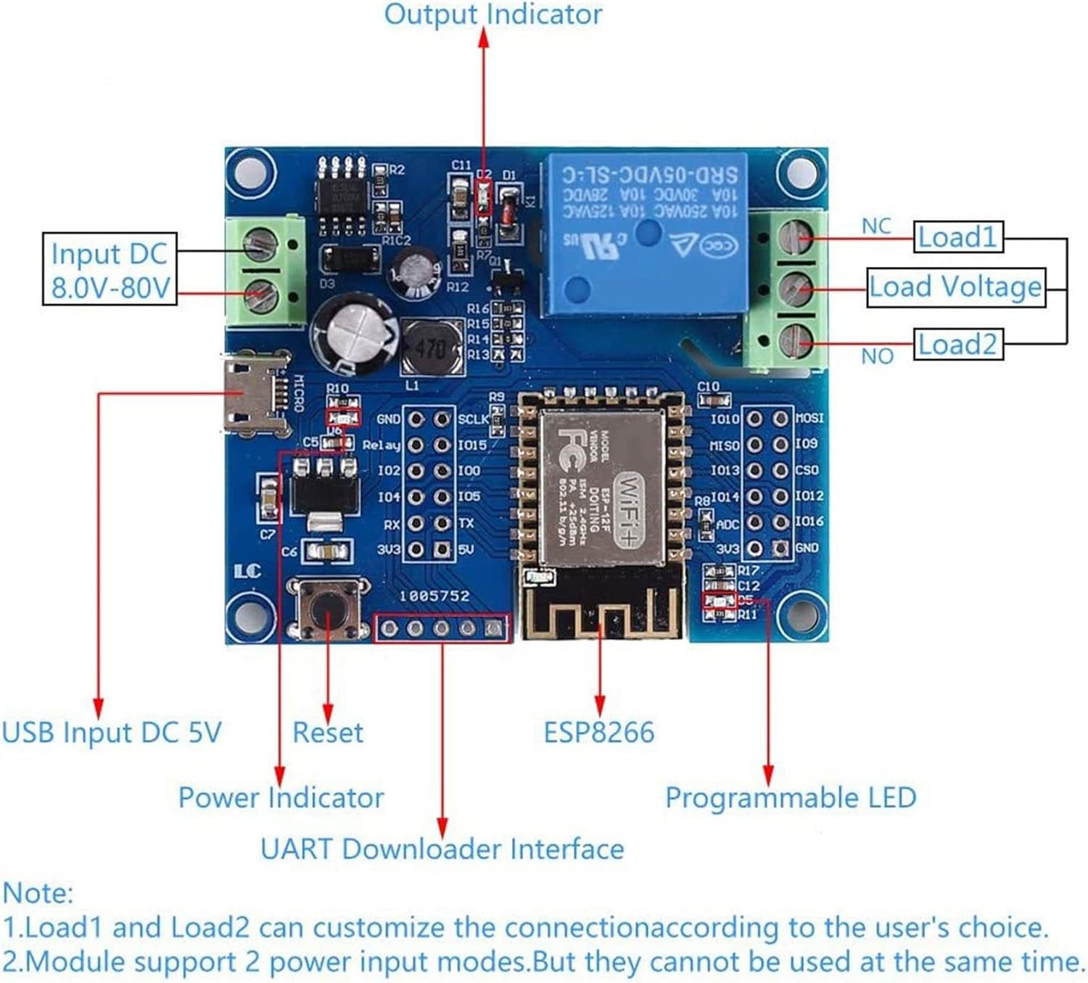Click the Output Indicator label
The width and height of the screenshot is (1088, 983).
[493, 15]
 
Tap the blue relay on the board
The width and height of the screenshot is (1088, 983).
[646, 232]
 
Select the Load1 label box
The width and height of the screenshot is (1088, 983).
[957, 237]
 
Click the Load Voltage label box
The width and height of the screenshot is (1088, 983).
[956, 287]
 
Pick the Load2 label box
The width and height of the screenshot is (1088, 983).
[957, 345]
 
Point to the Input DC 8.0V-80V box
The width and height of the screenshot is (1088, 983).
[110, 269]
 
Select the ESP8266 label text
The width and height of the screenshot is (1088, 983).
[599, 733]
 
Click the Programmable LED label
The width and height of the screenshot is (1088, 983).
[791, 798]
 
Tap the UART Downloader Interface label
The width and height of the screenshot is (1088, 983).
[442, 849]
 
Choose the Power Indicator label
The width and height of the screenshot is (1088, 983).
[281, 798]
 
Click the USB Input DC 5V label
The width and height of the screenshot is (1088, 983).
[112, 733]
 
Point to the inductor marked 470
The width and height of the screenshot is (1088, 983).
[431, 347]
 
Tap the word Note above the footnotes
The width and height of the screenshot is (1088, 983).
[38, 892]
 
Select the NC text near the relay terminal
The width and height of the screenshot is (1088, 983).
[875, 226]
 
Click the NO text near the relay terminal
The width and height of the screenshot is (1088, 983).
[876, 356]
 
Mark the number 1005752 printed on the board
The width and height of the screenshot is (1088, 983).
[434, 596]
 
